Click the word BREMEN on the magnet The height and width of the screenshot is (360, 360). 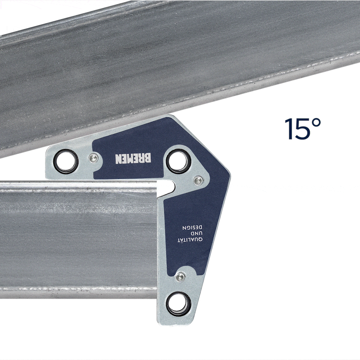click(133, 158)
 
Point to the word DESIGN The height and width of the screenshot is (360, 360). click(192, 228)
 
